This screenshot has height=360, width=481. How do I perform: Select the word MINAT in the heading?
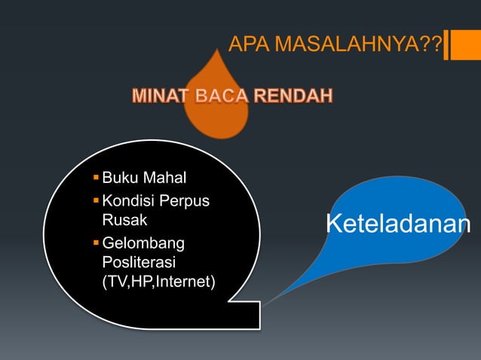tap(159, 97)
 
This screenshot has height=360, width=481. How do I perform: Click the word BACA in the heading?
tap(220, 97)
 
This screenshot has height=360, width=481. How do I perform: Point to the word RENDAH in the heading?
tap(293, 97)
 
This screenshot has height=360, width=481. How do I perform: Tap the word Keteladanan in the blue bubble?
tap(397, 224)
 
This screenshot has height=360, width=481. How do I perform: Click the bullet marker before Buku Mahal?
tap(95, 178)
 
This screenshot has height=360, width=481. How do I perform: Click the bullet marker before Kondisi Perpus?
tap(95, 202)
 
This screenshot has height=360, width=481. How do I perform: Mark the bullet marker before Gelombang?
tap(95, 243)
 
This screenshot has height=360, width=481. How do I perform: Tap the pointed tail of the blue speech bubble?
tap(264, 304)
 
